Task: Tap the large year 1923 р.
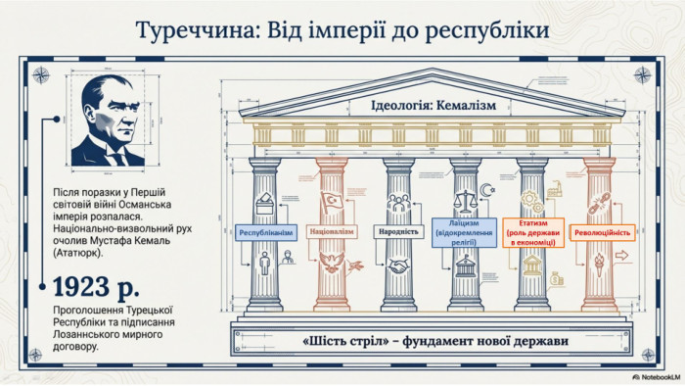point(96,287)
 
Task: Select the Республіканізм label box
point(266,233)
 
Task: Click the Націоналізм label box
point(332,231)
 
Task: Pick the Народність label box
point(398,231)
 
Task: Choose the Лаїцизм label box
point(464,232)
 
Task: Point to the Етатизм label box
point(533,232)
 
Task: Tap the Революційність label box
point(603,233)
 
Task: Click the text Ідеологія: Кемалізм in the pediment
point(434,106)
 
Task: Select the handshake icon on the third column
point(398,266)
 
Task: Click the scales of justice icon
point(464,201)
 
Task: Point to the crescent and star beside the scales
point(487,191)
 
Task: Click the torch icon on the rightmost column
point(599,265)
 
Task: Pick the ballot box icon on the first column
point(265,204)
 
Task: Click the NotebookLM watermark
point(656,376)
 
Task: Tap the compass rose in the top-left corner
point(41,75)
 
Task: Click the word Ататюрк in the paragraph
point(77,253)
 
